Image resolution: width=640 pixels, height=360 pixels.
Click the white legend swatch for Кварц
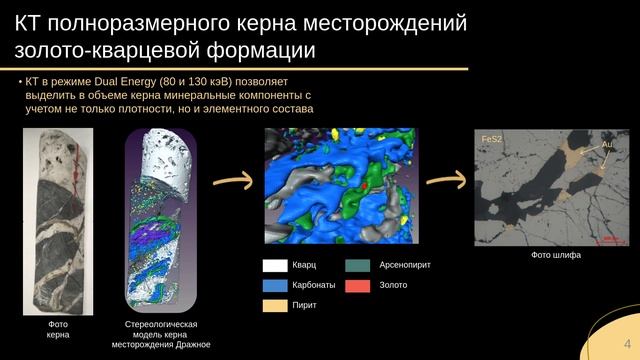point(275,266)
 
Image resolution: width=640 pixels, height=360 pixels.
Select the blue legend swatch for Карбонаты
point(275,286)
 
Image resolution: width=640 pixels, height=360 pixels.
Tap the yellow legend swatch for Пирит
point(275,306)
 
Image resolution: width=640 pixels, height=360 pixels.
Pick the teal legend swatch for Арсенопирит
point(358,266)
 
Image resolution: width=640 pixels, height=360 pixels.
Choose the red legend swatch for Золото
point(358,286)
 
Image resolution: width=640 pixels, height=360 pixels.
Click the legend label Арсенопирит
point(405,265)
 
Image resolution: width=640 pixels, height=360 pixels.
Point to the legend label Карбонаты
point(313,285)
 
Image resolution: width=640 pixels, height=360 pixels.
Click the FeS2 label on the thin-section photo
point(491,139)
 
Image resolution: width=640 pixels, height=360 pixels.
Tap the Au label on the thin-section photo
point(607,144)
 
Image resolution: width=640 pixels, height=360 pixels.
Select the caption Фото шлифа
point(556,255)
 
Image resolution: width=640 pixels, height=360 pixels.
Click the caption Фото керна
point(58,329)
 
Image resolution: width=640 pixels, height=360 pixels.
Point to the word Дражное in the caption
point(193,344)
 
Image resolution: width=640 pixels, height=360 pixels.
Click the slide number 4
point(627,344)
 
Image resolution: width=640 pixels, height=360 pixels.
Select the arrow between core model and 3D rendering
point(233,180)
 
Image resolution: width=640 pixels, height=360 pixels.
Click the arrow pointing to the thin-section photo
point(447,180)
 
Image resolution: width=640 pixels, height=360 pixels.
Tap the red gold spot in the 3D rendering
point(364,186)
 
